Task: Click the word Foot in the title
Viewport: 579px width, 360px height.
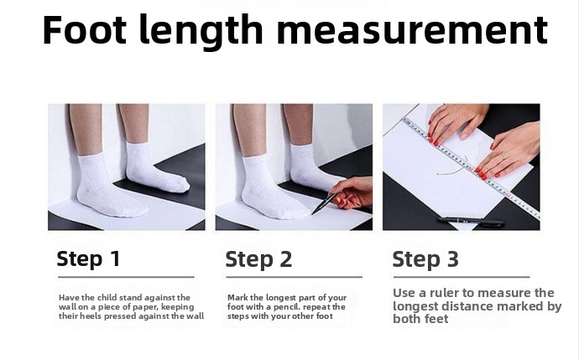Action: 85,29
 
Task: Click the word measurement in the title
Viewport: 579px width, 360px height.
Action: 412,30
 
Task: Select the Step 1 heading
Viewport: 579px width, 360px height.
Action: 89,258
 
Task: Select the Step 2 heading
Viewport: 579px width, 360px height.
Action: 258,259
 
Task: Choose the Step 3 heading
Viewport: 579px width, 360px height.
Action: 425,259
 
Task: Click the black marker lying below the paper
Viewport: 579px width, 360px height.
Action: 471,222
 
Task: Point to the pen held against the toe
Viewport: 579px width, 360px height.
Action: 324,204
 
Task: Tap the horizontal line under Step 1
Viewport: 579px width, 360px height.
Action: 126,277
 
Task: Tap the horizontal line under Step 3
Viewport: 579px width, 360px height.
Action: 462,277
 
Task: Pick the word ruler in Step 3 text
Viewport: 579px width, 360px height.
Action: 445,293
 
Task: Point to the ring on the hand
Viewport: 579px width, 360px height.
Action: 503,158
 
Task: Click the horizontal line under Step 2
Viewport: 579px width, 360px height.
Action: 295,277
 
